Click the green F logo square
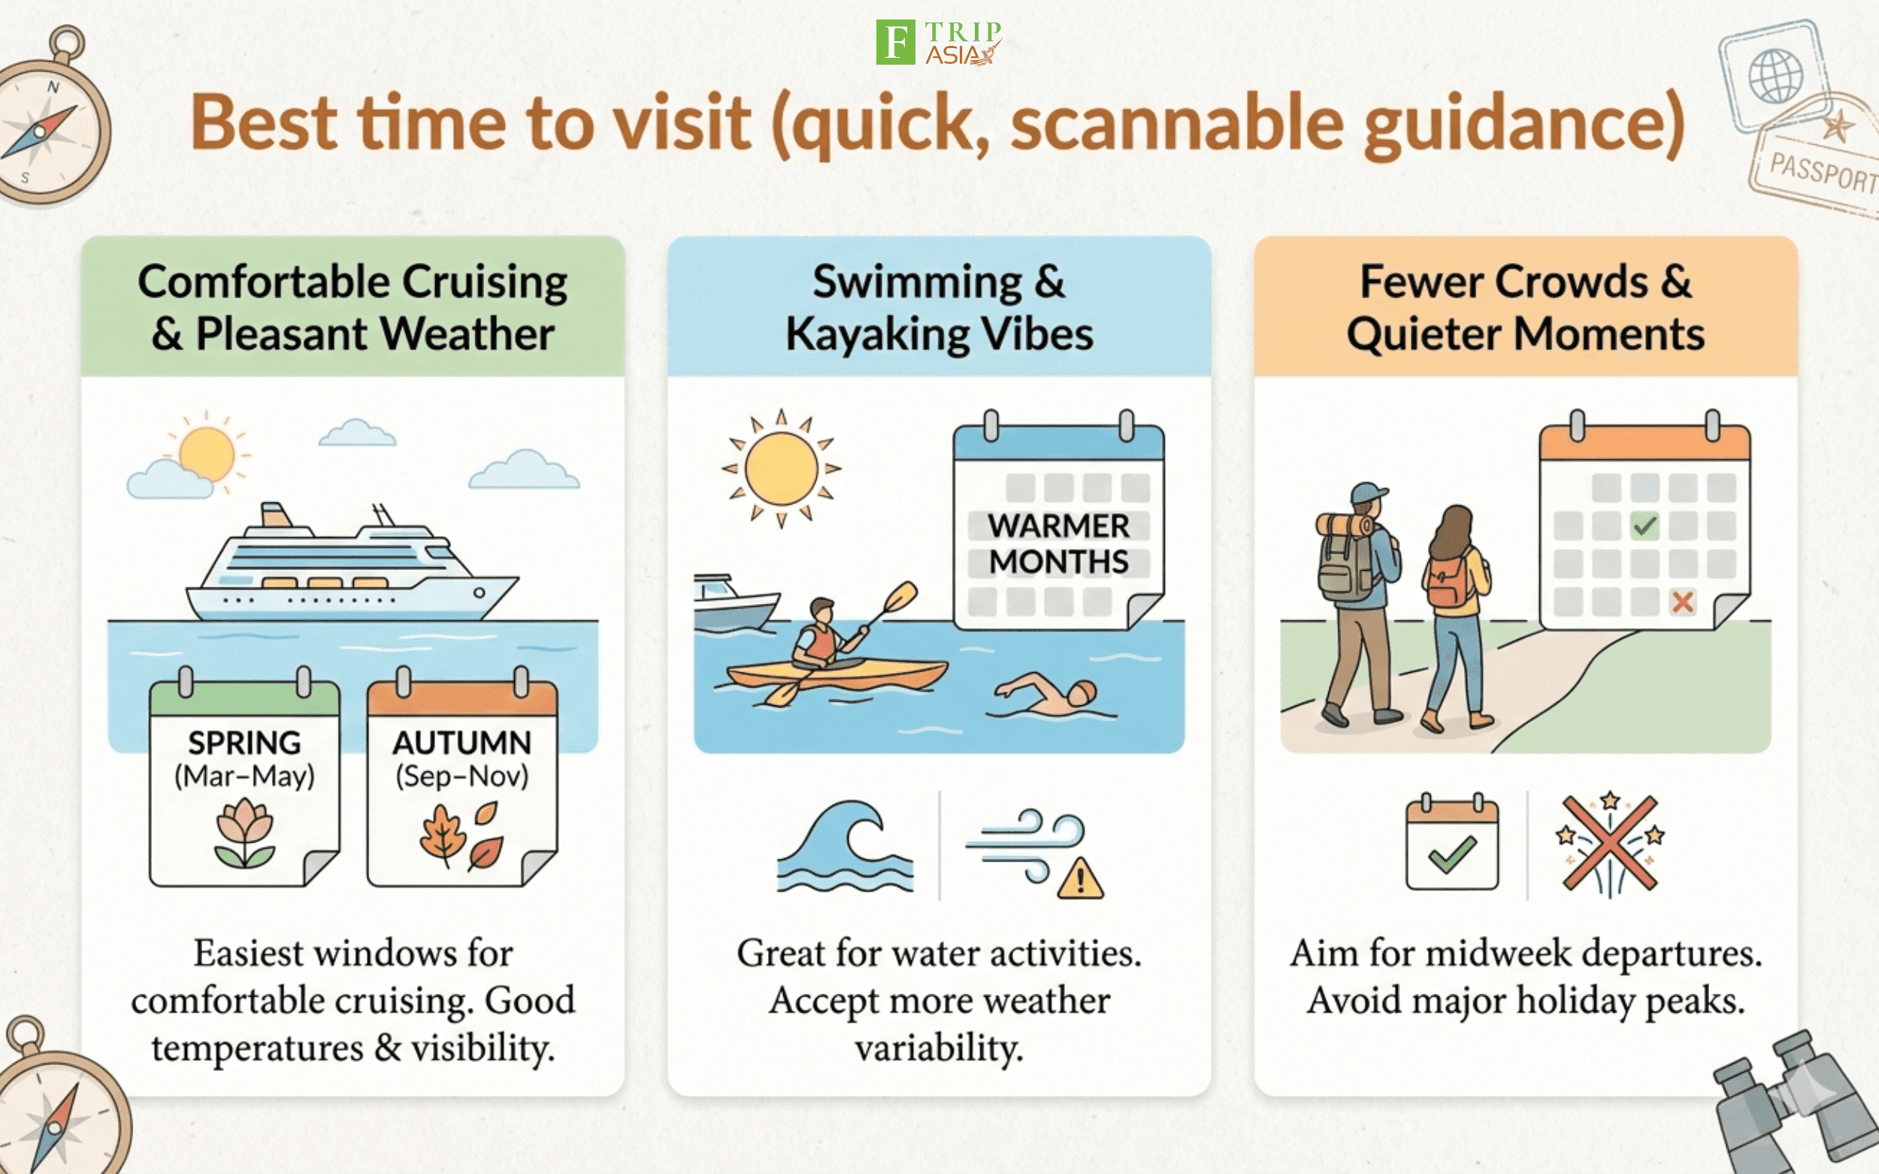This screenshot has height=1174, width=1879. pyautogui.click(x=895, y=42)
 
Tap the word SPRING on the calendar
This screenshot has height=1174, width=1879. pyautogui.click(x=245, y=743)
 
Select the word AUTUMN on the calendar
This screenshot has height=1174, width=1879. pyautogui.click(x=462, y=743)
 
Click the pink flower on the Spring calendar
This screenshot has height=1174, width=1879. pyautogui.click(x=245, y=834)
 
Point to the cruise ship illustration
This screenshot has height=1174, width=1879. pyautogui.click(x=351, y=563)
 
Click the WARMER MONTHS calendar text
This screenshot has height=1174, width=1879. pyautogui.click(x=1059, y=544)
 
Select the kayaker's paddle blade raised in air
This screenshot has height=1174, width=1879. pyautogui.click(x=901, y=598)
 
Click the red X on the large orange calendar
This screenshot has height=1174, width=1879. pyautogui.click(x=1683, y=602)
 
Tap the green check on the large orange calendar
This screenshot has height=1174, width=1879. pyautogui.click(x=1645, y=526)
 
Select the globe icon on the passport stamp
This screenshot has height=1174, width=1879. pyautogui.click(x=1776, y=76)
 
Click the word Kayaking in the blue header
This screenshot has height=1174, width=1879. pyautogui.click(x=878, y=335)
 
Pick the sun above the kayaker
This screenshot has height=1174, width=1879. pyautogui.click(x=782, y=468)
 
